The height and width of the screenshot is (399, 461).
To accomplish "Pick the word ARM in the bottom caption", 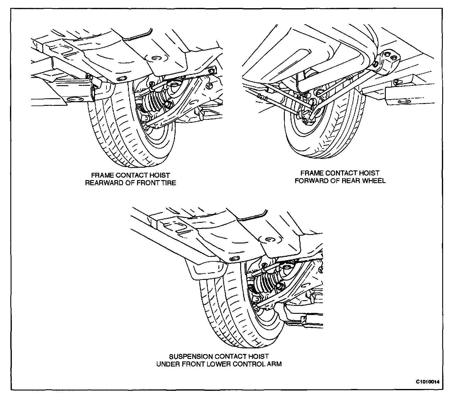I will click(274, 364).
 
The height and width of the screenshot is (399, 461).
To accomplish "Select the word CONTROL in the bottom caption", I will click(249, 364).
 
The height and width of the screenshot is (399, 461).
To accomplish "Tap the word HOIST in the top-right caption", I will click(369, 173).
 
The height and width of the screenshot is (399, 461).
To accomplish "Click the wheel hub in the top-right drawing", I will click(306, 117).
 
